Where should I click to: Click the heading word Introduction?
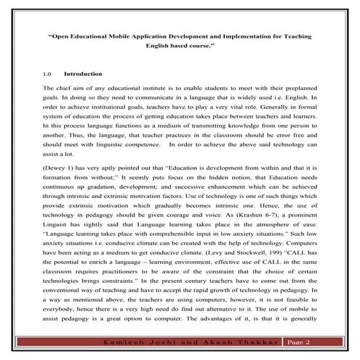83,74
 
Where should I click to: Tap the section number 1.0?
48,74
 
